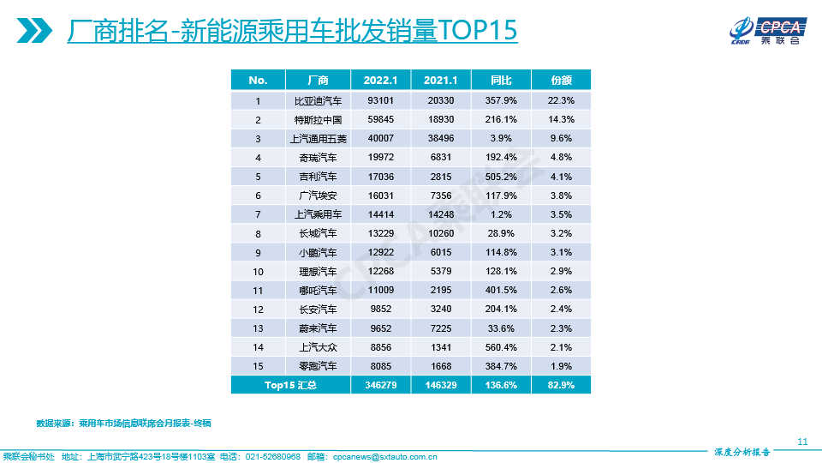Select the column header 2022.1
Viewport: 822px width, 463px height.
[x=381, y=80]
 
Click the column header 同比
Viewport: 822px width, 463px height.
[x=501, y=80]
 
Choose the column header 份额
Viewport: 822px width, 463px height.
[x=561, y=80]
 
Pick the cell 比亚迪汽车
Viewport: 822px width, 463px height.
[x=318, y=100]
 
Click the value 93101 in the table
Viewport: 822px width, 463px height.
[x=381, y=100]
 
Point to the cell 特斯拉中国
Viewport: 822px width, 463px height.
[x=318, y=119]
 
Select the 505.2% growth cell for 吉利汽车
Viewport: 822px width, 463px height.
[x=501, y=177]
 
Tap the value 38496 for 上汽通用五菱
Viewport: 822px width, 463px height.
[x=441, y=138]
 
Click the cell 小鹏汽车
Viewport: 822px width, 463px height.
[x=318, y=252]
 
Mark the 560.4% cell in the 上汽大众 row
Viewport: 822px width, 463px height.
[x=501, y=347]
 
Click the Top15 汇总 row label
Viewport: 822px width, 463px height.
[x=290, y=386]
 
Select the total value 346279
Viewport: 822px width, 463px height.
[x=381, y=386]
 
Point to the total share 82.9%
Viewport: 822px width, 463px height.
[x=561, y=386]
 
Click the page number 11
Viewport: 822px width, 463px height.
[x=802, y=442]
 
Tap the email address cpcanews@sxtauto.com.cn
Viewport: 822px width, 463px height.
[x=384, y=457]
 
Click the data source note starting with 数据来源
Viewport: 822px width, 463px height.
[x=123, y=424]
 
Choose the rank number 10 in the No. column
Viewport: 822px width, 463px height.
[x=258, y=271]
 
